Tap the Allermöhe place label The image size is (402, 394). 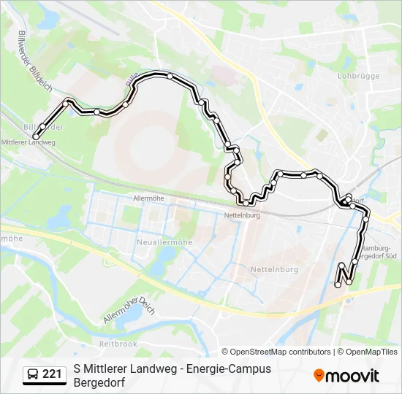pos(146,198)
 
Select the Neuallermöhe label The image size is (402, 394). pos(164,242)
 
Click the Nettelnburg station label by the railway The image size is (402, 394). pos(240,215)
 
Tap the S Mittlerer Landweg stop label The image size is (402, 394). pos(29,142)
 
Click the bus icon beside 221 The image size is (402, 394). pos(33,374)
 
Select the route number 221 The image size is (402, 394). pos(52,374)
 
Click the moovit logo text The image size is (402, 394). pos(352,376)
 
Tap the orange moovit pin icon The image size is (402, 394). pos(319,376)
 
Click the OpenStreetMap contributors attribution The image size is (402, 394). pos(281,352)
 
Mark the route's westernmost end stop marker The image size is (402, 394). pos(37,136)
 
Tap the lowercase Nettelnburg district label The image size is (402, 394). pos(275,269)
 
